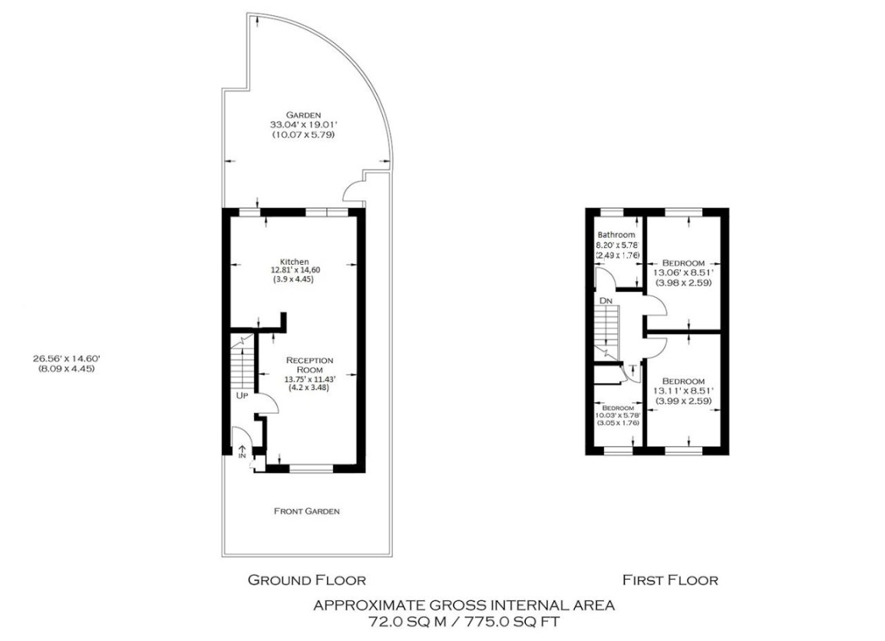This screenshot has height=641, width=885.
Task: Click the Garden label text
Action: (305, 114)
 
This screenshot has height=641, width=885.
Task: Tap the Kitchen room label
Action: (295, 261)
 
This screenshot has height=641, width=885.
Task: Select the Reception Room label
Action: (309, 364)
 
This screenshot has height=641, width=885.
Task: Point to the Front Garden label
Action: (307, 510)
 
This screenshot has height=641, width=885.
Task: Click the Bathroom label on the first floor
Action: (616, 235)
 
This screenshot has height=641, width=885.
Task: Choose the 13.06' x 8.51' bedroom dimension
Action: (683, 272)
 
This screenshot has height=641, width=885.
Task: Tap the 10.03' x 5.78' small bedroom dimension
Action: (618, 416)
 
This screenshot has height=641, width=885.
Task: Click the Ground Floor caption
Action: (306, 580)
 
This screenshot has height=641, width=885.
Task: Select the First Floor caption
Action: (670, 580)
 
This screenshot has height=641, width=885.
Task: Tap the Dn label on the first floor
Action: (606, 301)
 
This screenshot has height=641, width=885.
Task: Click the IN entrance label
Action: (243, 455)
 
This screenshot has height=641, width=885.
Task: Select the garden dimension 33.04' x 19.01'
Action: (305, 124)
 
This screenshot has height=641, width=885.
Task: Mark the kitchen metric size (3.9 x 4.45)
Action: (293, 279)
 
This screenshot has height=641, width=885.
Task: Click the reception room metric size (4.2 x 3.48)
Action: (309, 388)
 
